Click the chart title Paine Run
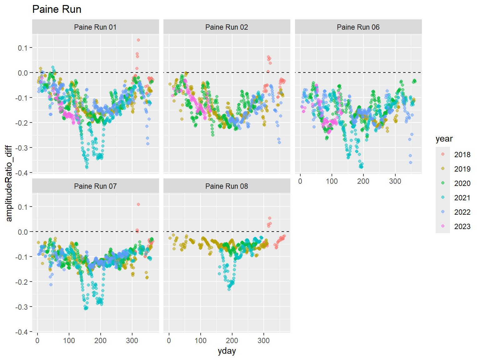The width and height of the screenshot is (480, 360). pyautogui.click(x=57, y=9)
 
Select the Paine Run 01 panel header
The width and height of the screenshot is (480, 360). pyautogui.click(x=95, y=27)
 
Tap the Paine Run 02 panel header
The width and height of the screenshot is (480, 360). pyautogui.click(x=227, y=27)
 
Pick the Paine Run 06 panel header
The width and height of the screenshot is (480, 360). pyautogui.click(x=358, y=27)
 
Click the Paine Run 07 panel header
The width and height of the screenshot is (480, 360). pyautogui.click(x=95, y=186)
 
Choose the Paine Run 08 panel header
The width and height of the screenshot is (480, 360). pyautogui.click(x=227, y=186)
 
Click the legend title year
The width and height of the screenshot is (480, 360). pyautogui.click(x=444, y=139)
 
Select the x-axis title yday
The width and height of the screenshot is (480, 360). pyautogui.click(x=227, y=351)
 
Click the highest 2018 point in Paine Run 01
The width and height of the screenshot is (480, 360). pyautogui.click(x=138, y=40)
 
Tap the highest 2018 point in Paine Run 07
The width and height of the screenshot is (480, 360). pyautogui.click(x=138, y=204)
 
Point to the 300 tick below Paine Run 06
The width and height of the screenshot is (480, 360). pyautogui.click(x=395, y=181)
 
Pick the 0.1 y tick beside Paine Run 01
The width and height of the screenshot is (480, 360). pyautogui.click(x=23, y=48)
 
